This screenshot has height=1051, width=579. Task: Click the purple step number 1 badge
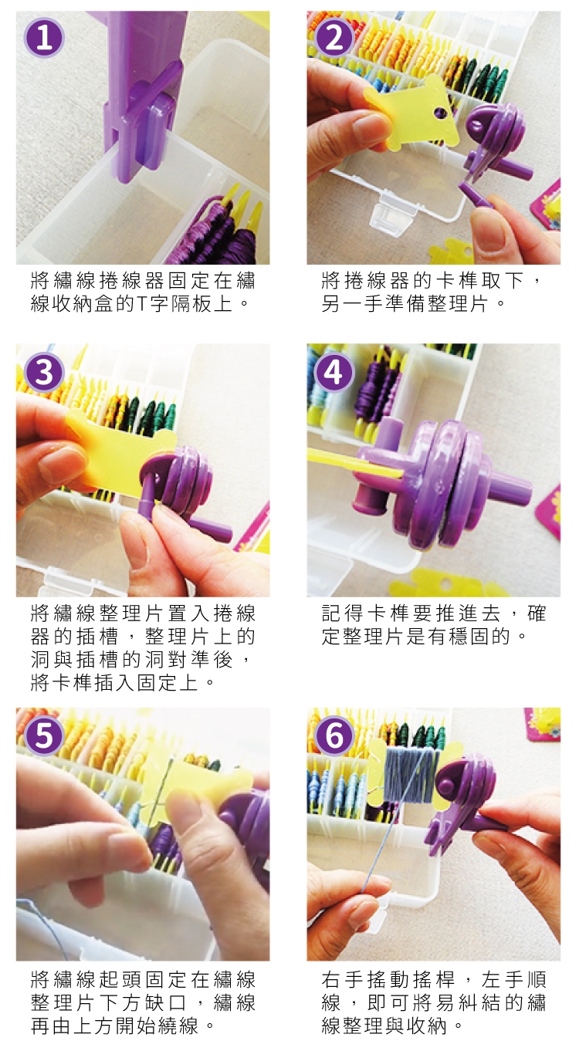[44, 39]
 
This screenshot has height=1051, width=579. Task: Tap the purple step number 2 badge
[334, 39]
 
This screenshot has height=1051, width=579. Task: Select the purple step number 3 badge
[44, 373]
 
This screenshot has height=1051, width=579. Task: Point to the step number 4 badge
[334, 373]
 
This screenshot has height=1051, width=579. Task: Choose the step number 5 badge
[44, 735]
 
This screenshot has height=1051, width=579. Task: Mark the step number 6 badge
[334, 735]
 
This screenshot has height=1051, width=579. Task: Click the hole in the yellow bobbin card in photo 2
[440, 113]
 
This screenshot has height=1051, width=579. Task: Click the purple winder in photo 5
[246, 816]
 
